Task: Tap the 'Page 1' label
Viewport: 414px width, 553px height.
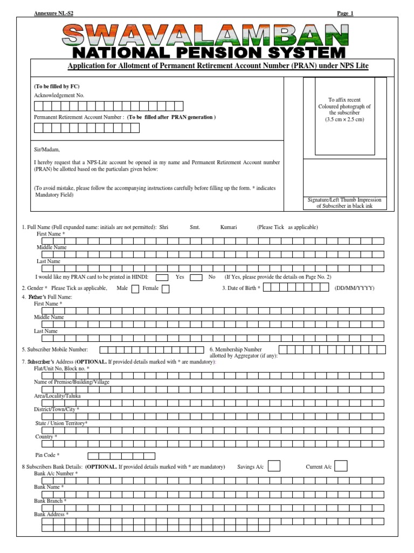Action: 345,13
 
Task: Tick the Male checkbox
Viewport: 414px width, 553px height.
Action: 135,288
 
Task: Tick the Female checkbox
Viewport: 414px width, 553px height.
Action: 165,288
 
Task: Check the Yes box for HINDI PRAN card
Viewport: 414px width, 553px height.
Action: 162,277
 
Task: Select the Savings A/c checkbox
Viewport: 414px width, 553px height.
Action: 274,466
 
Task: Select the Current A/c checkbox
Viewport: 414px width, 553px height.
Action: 341,466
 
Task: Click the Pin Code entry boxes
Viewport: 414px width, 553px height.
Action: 121,456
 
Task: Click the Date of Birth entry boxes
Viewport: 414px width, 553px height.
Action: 296,288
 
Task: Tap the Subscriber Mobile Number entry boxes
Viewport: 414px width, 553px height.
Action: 151,350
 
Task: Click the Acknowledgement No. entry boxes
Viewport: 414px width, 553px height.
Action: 108,106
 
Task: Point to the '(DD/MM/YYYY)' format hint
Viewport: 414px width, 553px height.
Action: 354,288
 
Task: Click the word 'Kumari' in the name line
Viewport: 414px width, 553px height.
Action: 229,227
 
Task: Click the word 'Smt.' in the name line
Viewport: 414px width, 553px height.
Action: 195,227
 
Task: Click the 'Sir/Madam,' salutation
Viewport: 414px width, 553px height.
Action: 47,150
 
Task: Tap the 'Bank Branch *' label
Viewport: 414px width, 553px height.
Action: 50,501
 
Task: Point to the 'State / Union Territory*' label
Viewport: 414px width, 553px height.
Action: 60,423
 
